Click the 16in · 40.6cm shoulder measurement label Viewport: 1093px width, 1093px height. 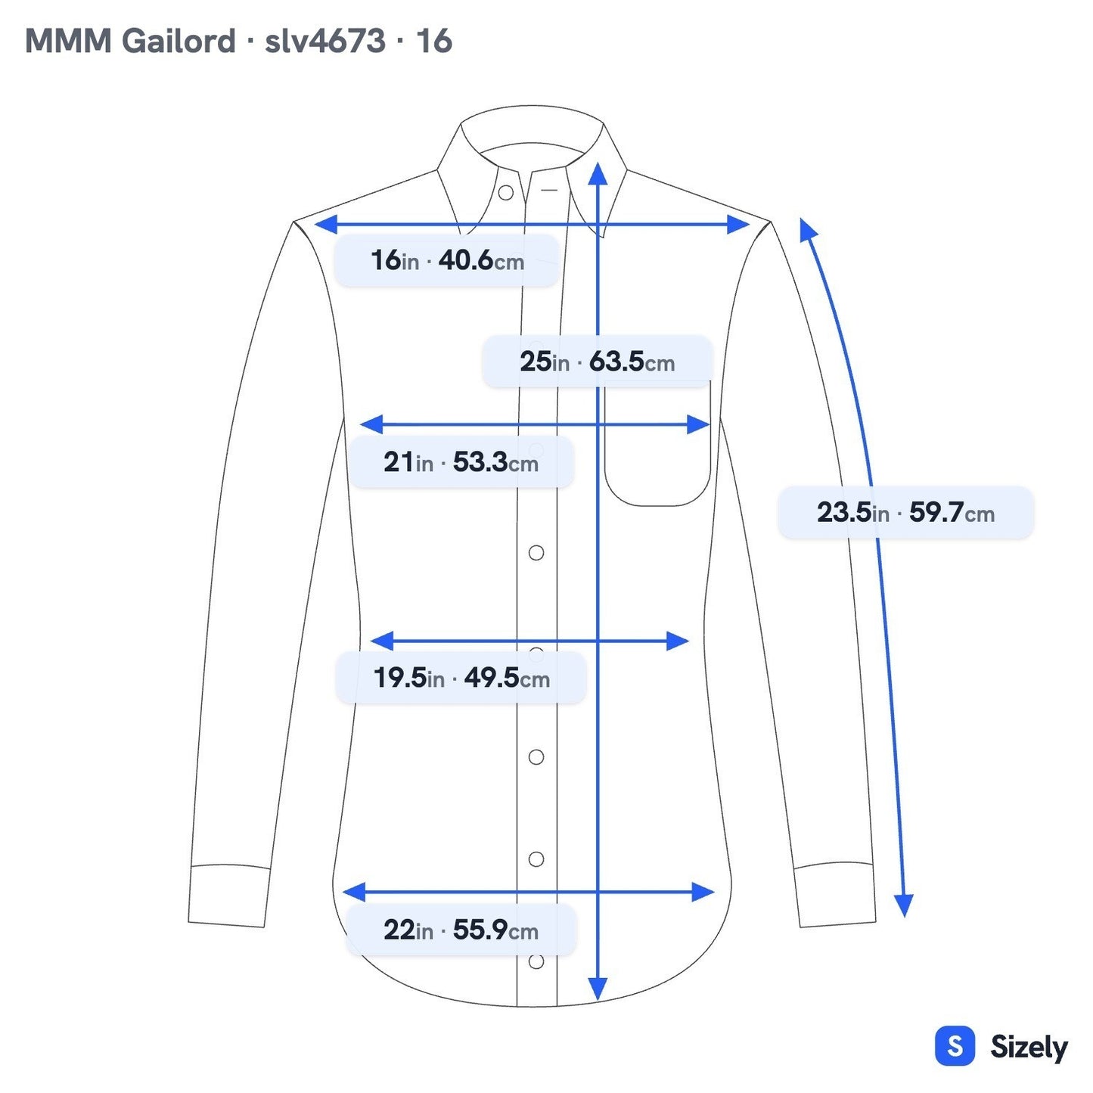click(x=446, y=260)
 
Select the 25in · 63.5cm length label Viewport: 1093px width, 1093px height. click(x=597, y=362)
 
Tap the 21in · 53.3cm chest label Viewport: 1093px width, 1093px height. click(x=461, y=461)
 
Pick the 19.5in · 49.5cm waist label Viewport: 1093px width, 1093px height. click(x=461, y=677)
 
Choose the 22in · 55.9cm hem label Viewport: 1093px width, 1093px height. click(x=461, y=930)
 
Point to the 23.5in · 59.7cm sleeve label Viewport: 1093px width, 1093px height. click(x=905, y=512)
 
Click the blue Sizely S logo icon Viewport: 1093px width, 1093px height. click(x=955, y=1045)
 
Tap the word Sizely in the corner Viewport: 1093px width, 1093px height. click(x=1029, y=1048)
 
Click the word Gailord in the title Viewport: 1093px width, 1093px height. click(x=178, y=41)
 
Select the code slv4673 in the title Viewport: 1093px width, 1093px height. click(x=324, y=41)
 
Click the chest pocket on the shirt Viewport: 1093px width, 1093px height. click(x=657, y=442)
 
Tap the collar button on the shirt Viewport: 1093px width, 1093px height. click(x=506, y=193)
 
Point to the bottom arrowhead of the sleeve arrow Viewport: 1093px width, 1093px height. click(x=904, y=905)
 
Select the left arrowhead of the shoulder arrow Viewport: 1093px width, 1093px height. click(x=326, y=225)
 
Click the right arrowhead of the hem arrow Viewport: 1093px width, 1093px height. click(x=703, y=893)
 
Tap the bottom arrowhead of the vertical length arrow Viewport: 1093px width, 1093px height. click(x=598, y=989)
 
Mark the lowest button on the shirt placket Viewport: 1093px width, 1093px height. click(x=536, y=961)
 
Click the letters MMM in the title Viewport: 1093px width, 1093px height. click(x=68, y=41)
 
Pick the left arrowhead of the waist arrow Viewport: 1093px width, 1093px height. click(x=382, y=641)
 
